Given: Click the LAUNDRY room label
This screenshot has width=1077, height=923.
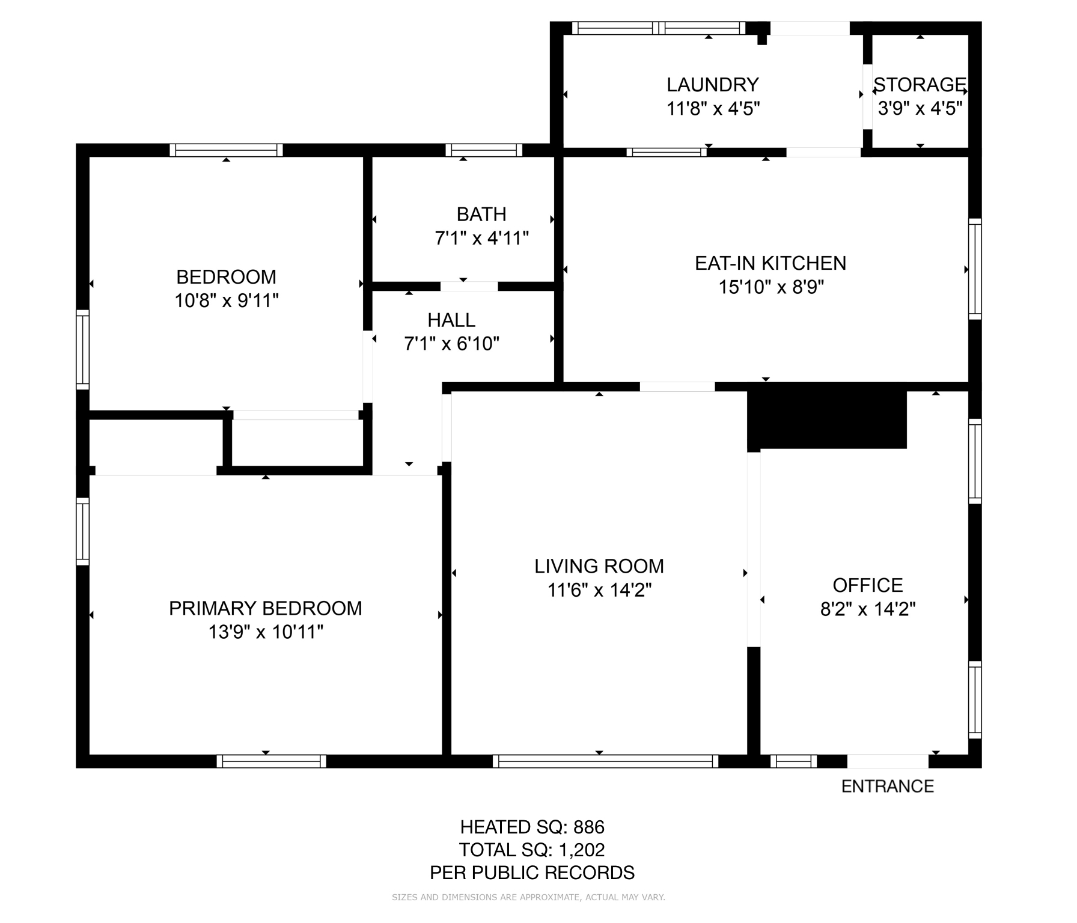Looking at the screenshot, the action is (713, 84).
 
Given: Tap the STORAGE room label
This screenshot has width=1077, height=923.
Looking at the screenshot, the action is (920, 84).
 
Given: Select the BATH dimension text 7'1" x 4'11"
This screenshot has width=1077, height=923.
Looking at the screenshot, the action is (482, 239).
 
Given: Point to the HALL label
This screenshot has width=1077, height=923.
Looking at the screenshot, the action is (451, 320).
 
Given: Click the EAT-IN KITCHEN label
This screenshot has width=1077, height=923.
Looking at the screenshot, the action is (770, 263).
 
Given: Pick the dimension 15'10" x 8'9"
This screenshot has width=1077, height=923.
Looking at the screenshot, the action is (771, 287).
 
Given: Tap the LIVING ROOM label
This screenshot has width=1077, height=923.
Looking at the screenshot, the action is (599, 566).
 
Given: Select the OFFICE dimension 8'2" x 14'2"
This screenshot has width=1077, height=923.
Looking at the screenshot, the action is (868, 609).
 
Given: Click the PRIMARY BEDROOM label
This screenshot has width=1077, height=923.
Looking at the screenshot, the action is (266, 608).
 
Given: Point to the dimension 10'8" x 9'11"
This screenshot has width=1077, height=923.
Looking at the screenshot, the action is (227, 300).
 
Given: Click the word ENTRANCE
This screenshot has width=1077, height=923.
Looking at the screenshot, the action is (888, 787).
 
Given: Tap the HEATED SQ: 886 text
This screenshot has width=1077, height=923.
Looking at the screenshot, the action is (532, 827).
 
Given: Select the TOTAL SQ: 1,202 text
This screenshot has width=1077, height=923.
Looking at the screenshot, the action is (532, 850).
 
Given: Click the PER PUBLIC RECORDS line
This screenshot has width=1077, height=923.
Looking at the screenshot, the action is (532, 873).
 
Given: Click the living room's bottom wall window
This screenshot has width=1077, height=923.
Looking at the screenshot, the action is (606, 761).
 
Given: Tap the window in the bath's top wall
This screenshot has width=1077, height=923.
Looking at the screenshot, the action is (484, 150).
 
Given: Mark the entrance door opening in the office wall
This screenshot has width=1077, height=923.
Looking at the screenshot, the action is (888, 761).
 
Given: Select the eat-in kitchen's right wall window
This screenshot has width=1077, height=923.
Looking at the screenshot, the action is (975, 269).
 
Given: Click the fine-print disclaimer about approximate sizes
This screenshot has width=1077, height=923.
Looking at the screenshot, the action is (528, 898).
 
